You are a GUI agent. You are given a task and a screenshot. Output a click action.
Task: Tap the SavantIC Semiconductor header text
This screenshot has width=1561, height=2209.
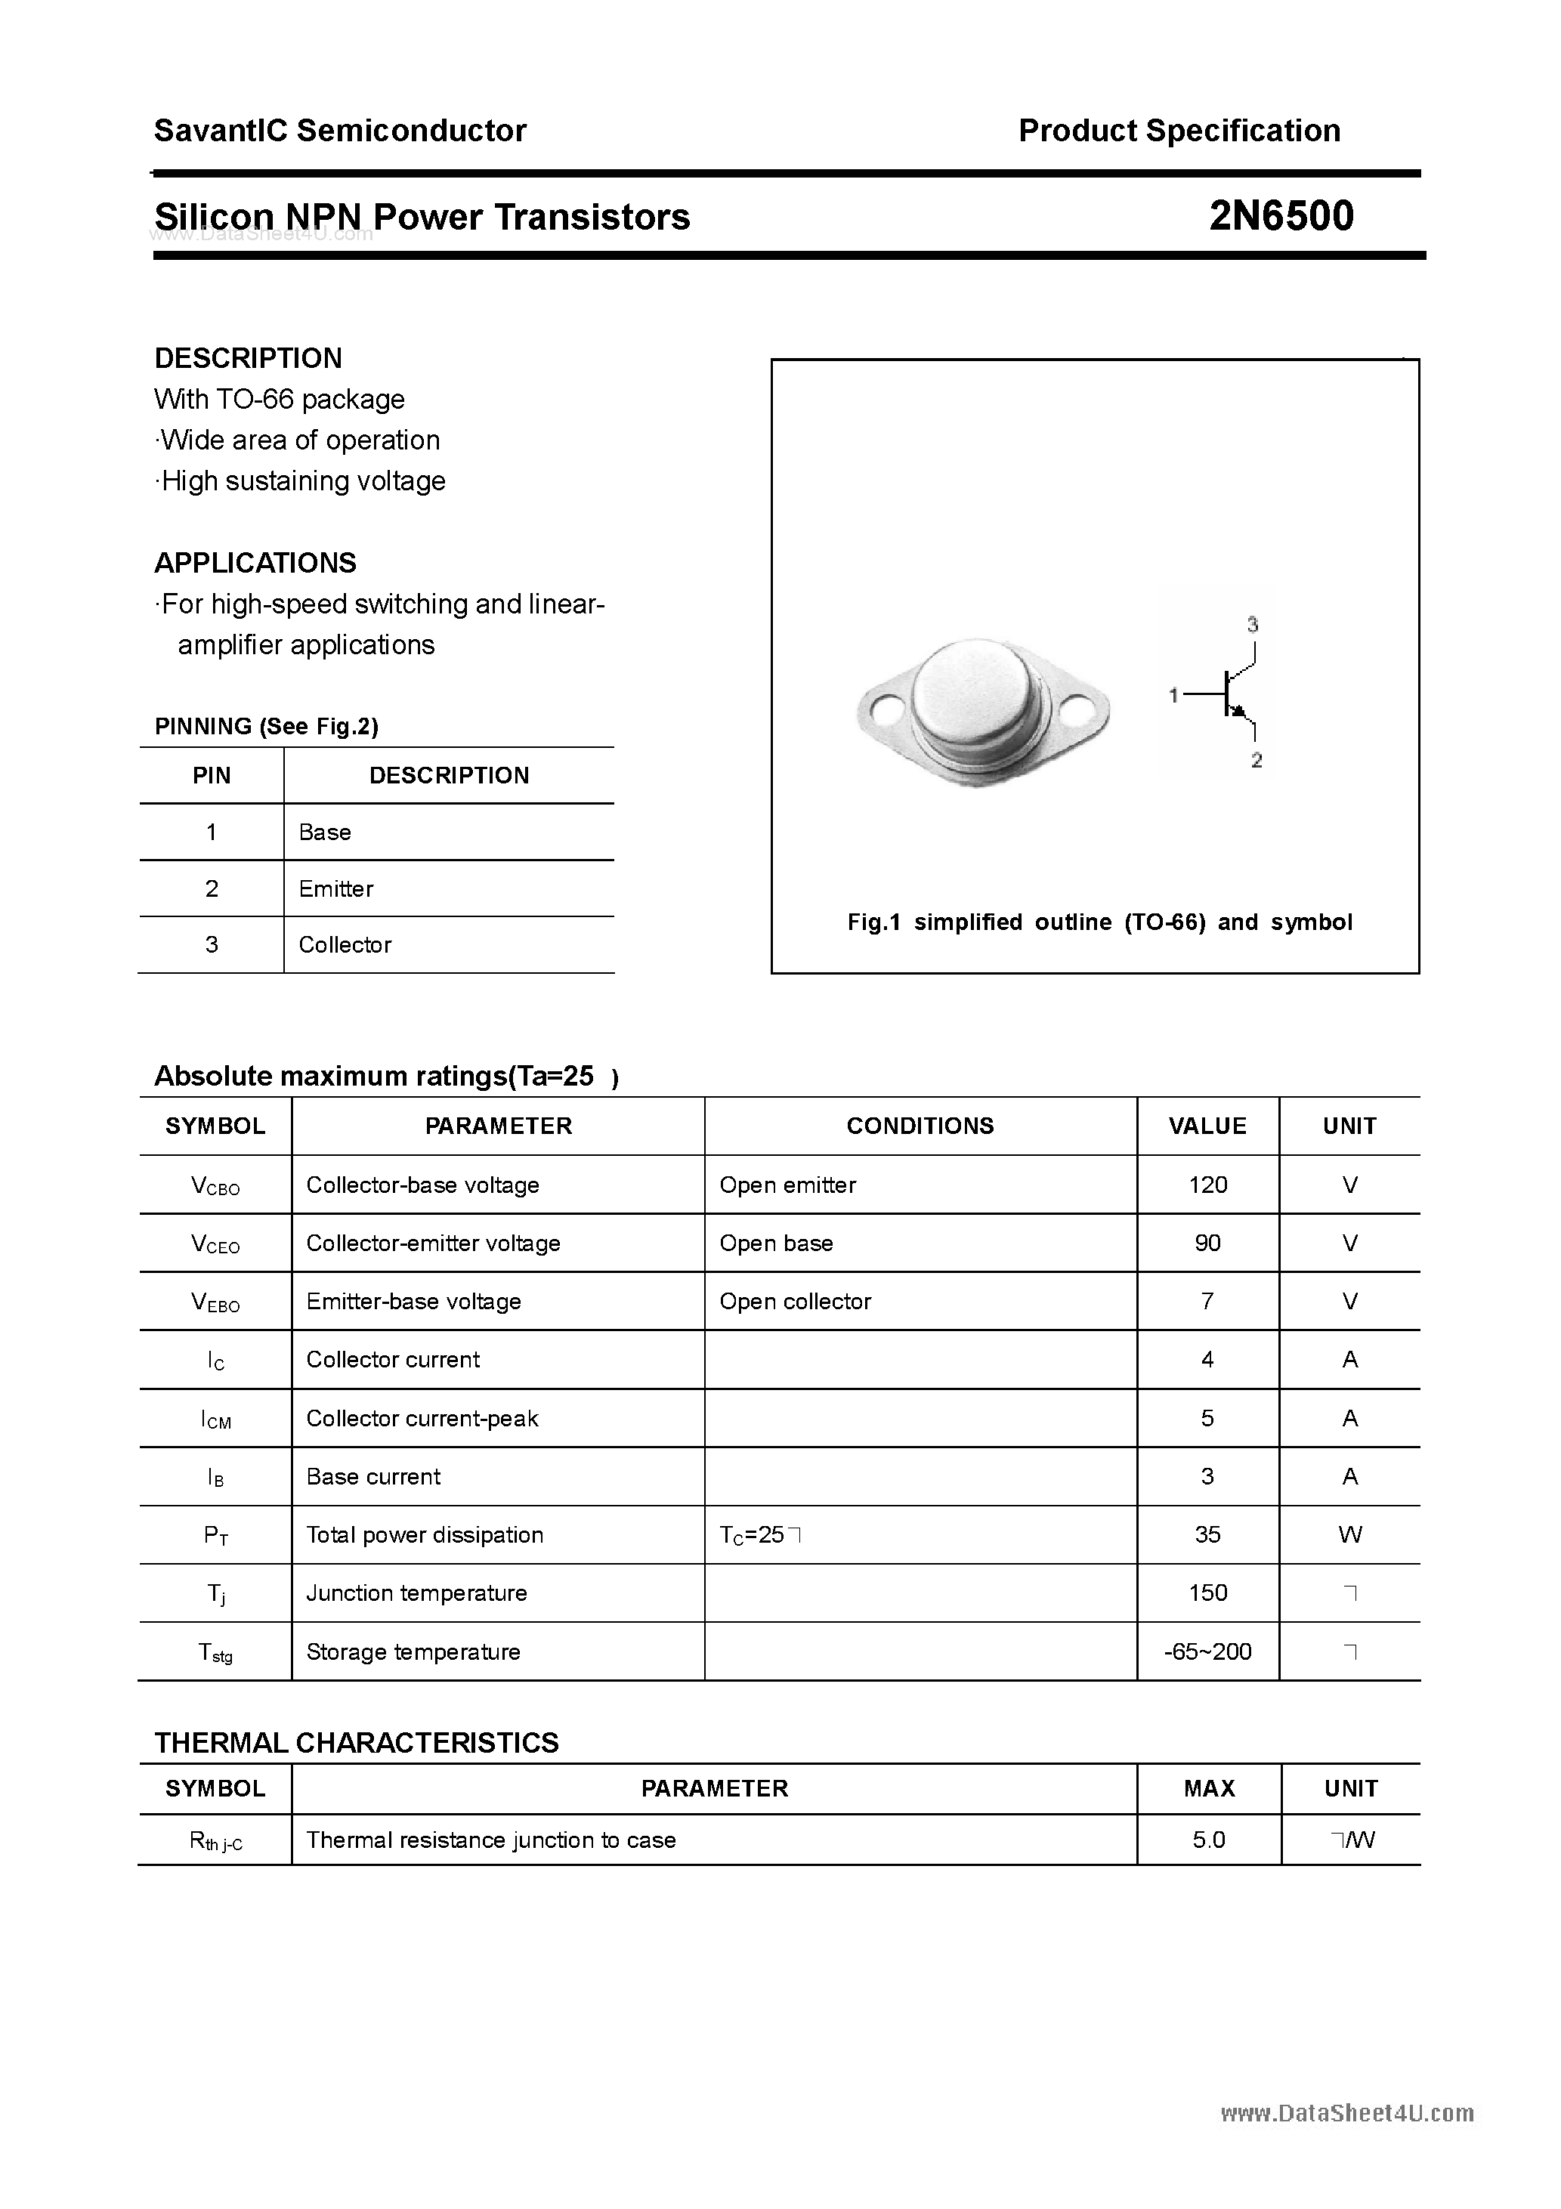[340, 131]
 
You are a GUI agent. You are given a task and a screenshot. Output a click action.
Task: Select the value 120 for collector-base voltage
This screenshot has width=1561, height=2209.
[1208, 1185]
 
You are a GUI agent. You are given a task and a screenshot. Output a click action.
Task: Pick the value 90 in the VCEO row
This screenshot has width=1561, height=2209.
[1208, 1243]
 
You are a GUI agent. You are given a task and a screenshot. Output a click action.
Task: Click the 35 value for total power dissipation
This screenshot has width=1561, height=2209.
[1208, 1534]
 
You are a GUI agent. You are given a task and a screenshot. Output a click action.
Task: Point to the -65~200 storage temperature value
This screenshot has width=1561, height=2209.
[1208, 1652]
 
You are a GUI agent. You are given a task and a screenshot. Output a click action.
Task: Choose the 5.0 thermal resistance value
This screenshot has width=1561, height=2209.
[1209, 1840]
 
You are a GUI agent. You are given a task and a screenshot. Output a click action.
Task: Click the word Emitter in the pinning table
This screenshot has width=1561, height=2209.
[336, 889]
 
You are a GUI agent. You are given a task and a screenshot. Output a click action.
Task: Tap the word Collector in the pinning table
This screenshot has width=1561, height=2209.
[345, 945]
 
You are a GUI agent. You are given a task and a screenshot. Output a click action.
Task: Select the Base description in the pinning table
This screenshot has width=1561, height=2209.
[324, 833]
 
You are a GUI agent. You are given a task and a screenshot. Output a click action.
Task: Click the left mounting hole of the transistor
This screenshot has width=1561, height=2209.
[883, 711]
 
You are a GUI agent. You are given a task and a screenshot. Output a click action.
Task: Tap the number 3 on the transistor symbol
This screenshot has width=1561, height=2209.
[1252, 626]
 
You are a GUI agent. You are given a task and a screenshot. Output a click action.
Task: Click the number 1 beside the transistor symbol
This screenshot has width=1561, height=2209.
[1173, 694]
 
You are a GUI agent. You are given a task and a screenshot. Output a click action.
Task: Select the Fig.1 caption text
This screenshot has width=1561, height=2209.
[1099, 922]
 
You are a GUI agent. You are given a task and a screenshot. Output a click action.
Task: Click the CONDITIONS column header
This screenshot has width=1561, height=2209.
[920, 1126]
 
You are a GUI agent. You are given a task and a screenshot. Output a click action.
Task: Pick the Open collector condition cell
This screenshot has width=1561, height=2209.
[795, 1302]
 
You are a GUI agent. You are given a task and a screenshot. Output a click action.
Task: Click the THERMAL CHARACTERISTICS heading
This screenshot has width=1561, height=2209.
[356, 1742]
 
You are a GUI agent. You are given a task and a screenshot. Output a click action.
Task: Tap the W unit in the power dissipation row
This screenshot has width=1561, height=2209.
[1349, 1534]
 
